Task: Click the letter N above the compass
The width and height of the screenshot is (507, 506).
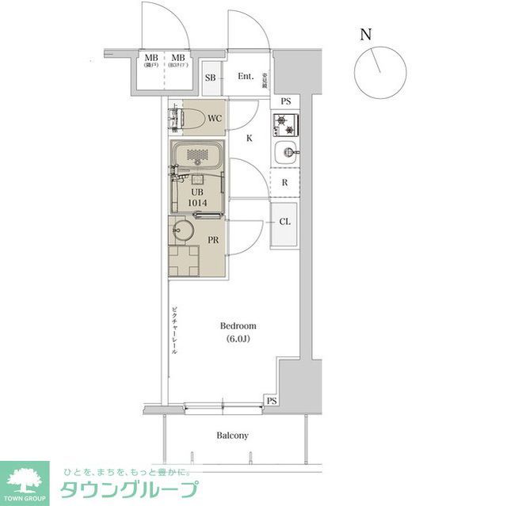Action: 365,34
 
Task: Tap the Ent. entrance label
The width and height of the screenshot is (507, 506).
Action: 246,77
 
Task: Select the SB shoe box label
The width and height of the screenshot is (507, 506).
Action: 211,78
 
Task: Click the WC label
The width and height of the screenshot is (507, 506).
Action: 214,119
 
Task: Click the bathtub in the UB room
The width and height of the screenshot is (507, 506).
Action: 196,156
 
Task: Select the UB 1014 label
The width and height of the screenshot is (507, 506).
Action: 198,196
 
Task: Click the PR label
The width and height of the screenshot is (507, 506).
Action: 213,238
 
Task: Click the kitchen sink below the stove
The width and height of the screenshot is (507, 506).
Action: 285,153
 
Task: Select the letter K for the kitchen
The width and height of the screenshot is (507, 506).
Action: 249,138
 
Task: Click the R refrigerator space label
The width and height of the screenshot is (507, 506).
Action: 284,182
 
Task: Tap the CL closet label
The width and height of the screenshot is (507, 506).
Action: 284,222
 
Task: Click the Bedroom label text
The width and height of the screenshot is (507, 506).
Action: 238,325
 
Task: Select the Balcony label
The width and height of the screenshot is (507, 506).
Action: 233,436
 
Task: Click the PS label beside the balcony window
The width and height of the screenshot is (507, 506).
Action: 272,401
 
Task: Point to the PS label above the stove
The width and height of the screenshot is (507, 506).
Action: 285,101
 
